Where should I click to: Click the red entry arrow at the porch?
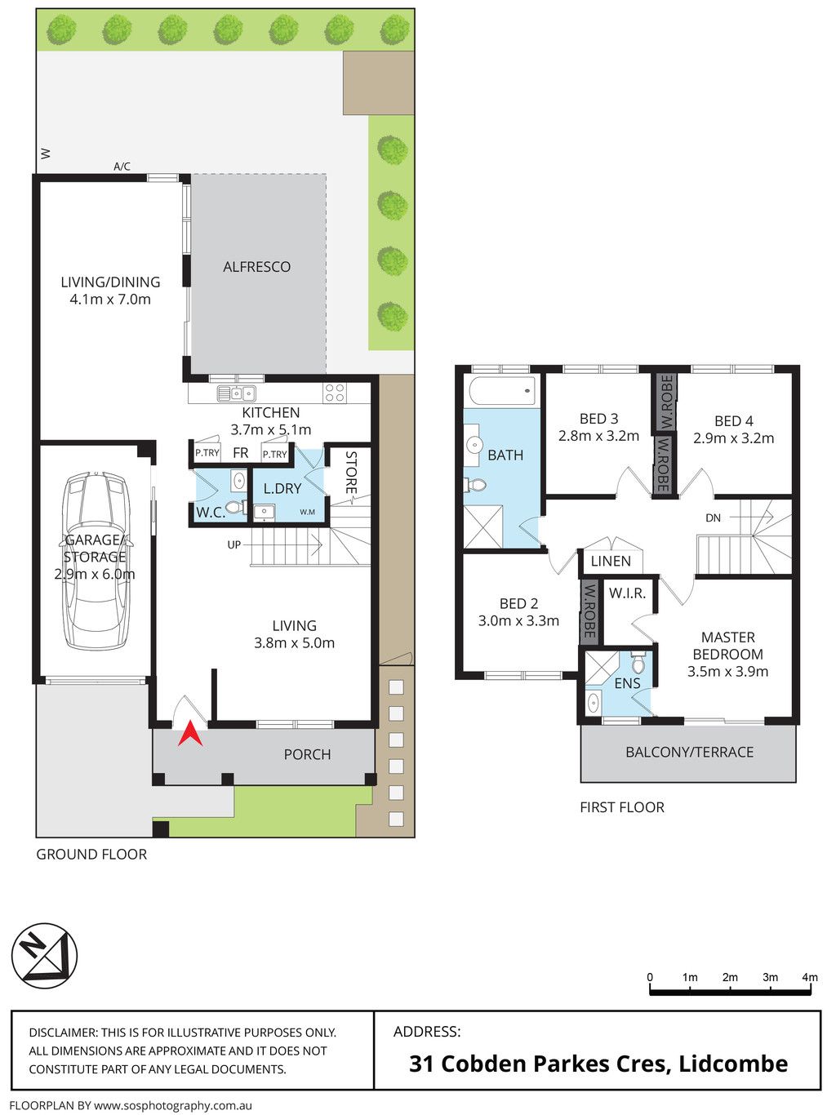[190, 734]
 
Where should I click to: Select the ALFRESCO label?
[257, 267]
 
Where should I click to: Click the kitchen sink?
[236, 393]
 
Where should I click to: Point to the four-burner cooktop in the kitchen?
[335, 393]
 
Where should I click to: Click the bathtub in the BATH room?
[502, 391]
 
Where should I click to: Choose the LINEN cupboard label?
[611, 562]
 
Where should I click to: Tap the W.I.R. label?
[627, 593]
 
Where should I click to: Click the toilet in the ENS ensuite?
[638, 663]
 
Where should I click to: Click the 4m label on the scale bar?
[810, 977]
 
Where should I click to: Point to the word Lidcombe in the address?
[733, 1063]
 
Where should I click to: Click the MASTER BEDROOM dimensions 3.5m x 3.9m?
[727, 671]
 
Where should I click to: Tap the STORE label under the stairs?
[352, 473]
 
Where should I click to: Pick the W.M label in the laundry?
[307, 512]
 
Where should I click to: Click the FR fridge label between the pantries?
[241, 452]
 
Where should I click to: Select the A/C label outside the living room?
[122, 166]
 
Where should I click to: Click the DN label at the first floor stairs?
[713, 518]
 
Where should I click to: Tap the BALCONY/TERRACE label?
[690, 752]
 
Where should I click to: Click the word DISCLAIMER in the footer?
[62, 1033]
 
